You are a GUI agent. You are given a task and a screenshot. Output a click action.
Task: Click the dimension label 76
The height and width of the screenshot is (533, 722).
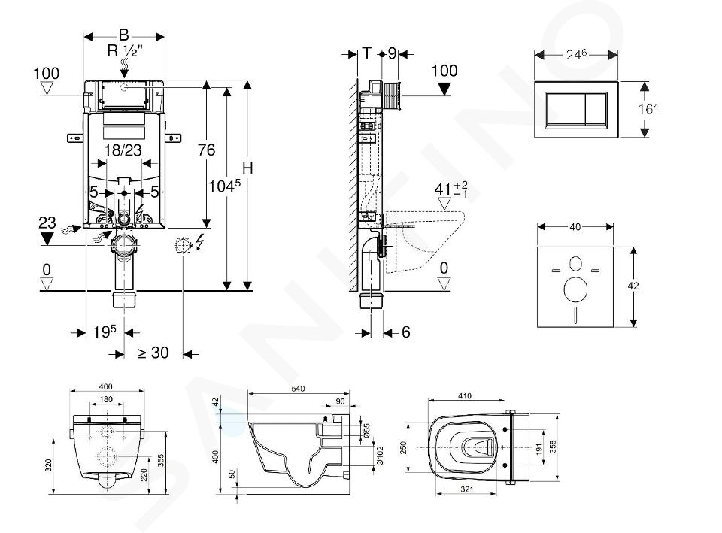pos(206,150)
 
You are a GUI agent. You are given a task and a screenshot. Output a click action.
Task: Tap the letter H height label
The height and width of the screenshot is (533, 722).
pos(247,168)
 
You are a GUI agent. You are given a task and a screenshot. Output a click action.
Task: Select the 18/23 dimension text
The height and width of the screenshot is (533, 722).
pos(123,150)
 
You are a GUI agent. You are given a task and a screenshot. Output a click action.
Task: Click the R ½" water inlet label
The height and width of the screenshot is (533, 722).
pos(125,50)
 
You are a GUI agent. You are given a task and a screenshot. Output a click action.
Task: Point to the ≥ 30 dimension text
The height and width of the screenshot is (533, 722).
pos(153,353)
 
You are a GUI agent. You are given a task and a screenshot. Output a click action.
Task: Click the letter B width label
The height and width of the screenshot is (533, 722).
pos(123,35)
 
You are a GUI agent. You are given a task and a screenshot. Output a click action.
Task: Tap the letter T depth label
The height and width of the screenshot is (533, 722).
pos(366,53)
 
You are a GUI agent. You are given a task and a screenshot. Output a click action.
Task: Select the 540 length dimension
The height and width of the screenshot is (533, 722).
pos(298,389)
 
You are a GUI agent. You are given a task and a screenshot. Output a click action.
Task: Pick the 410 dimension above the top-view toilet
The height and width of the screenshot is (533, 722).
pos(465,396)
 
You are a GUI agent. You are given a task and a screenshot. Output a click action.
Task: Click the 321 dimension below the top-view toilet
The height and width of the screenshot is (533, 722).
pos(466,489)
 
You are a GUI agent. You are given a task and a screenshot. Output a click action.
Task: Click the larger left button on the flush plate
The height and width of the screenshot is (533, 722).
pos(566,109)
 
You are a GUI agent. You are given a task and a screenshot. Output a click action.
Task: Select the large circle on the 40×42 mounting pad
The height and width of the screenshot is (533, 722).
pos(575,290)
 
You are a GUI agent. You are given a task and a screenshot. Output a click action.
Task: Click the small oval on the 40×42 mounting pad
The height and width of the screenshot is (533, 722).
pos(575,264)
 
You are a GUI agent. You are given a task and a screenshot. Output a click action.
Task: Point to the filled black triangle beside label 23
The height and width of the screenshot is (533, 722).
pos(47,238)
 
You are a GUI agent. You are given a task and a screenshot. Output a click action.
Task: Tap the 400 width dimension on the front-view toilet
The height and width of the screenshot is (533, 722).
pos(106,386)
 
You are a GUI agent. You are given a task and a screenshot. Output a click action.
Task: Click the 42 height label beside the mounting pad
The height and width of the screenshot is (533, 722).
pos(633,286)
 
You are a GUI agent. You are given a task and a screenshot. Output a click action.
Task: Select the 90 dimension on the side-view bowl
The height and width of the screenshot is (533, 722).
pos(340,401)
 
